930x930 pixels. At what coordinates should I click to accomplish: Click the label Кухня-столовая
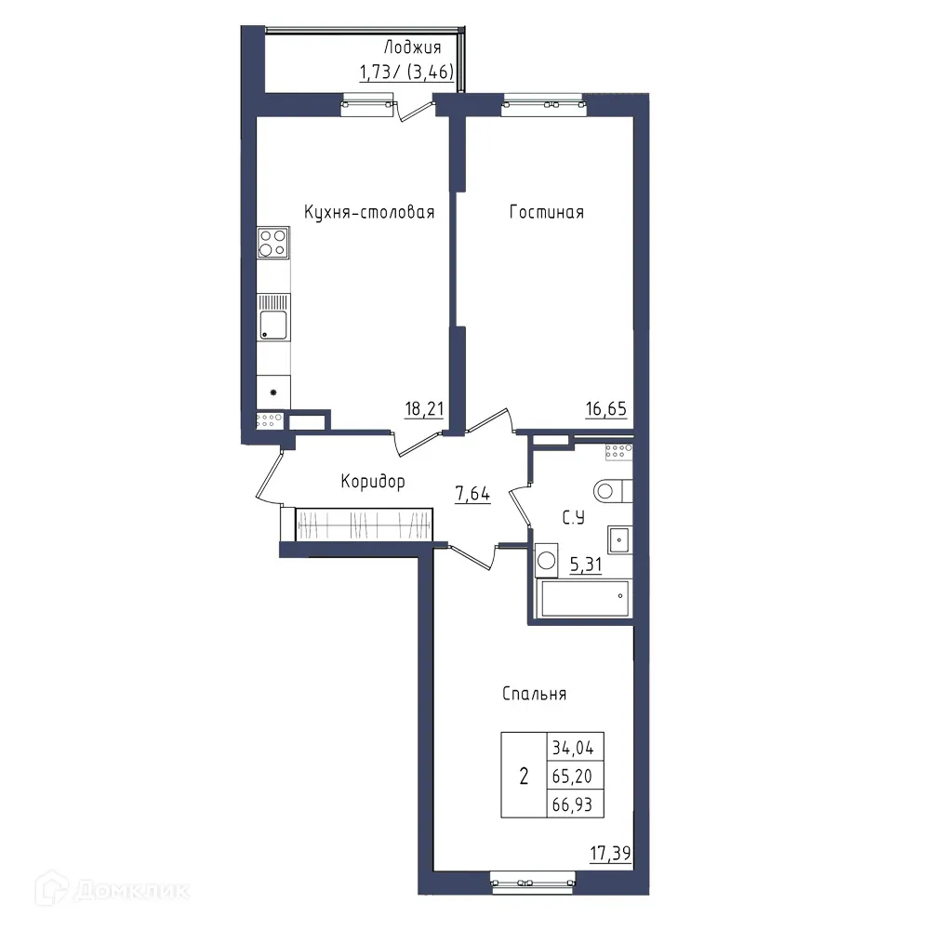pyautogui.click(x=369, y=213)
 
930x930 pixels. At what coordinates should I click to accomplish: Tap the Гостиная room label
pyautogui.click(x=547, y=213)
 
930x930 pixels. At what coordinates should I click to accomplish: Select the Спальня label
pyautogui.click(x=534, y=694)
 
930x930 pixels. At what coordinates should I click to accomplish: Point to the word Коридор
pyautogui.click(x=373, y=482)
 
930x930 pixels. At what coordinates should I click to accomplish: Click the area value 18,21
pyautogui.click(x=423, y=409)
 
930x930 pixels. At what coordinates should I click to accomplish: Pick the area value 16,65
pyautogui.click(x=604, y=409)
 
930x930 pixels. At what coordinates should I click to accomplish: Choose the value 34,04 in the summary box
pyautogui.click(x=577, y=746)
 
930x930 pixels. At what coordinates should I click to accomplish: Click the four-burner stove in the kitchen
pyautogui.click(x=273, y=243)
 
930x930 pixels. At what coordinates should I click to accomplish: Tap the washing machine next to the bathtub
pyautogui.click(x=545, y=561)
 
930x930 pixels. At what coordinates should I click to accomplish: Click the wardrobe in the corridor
pyautogui.click(x=364, y=525)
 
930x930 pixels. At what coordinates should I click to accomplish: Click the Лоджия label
pyautogui.click(x=412, y=48)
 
